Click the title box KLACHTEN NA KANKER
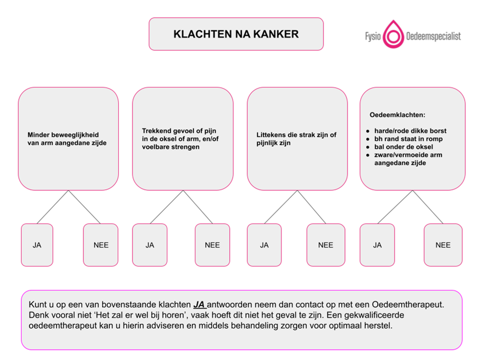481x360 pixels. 236,34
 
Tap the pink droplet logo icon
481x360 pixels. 393,34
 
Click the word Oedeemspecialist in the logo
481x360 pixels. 433,36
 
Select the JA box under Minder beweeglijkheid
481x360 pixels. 37,245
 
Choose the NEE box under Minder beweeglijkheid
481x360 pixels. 101,245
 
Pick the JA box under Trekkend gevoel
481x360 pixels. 149,245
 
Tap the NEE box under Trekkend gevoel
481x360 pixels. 212,245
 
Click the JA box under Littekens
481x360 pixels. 264,245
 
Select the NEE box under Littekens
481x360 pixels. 325,245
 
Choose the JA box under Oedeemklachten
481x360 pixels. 377,245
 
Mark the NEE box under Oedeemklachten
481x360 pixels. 443,245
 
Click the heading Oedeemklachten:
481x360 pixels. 398,115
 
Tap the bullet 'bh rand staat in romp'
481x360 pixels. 408,139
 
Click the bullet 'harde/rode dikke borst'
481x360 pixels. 410,131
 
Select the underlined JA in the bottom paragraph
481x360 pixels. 199,304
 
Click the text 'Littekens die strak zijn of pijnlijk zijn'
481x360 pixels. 296,139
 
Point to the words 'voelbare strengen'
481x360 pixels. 170,147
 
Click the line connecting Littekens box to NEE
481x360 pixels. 312,207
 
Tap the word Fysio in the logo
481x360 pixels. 372,37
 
